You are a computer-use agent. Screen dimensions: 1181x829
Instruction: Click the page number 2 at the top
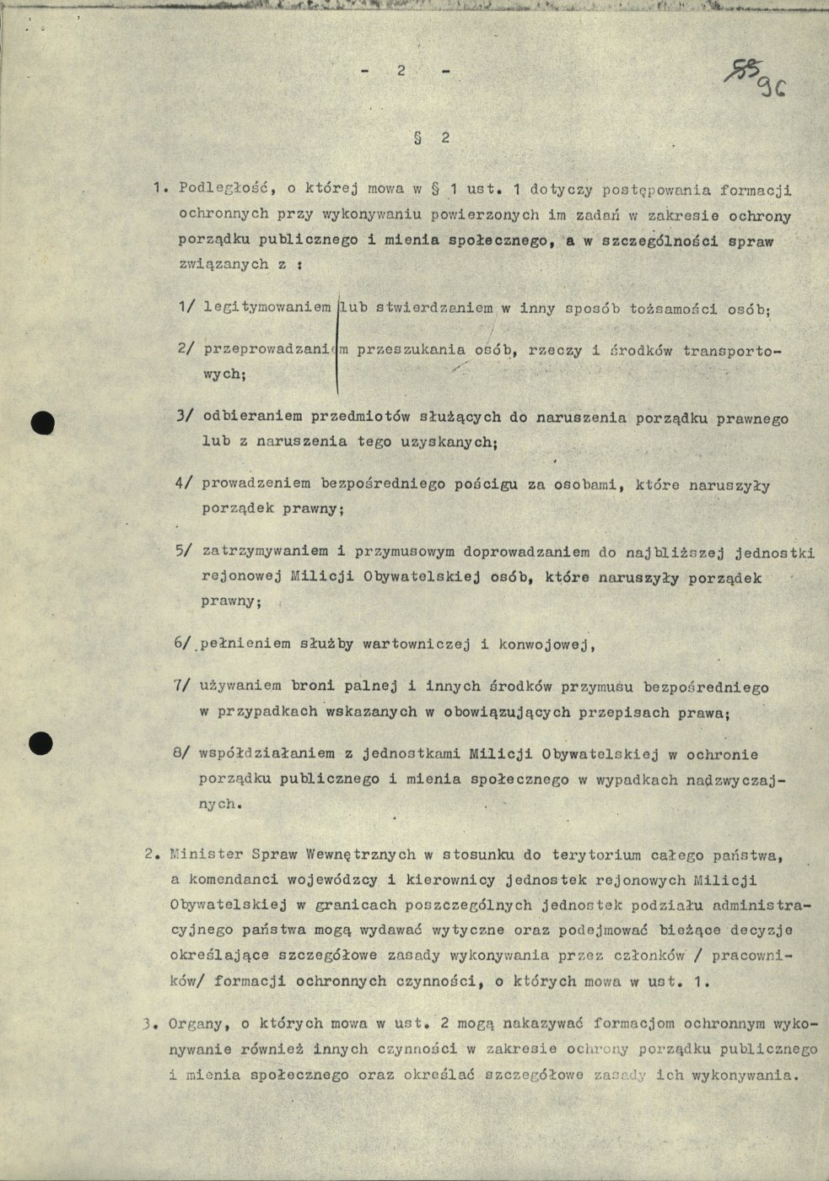(x=404, y=72)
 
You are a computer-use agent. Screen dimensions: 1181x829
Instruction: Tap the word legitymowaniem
(x=267, y=309)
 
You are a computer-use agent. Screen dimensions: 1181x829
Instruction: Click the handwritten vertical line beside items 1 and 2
(x=337, y=346)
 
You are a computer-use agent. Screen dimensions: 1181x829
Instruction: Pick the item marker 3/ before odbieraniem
(x=186, y=417)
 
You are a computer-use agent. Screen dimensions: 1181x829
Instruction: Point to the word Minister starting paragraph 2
(x=199, y=855)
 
